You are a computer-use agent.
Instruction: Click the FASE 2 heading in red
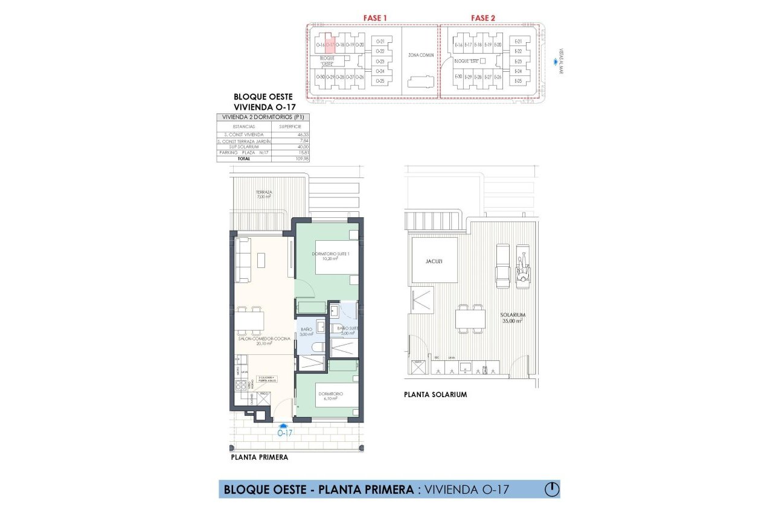pos(483,18)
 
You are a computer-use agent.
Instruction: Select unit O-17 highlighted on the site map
pos(330,44)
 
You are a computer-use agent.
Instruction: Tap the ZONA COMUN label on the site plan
pos(421,55)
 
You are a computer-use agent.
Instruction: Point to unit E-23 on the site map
pos(518,61)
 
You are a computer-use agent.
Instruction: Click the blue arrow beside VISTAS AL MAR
pos(557,61)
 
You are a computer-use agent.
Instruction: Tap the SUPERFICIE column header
pos(290,127)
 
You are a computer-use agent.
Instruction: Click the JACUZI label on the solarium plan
pos(434,261)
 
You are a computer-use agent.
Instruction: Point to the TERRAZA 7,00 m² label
pos(263,194)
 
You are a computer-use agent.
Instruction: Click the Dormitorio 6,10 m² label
pos(330,396)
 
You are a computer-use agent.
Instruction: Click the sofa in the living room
pos(243,260)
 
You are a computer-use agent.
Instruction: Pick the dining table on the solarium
pos(470,317)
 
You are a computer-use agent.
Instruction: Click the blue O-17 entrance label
pos(285,433)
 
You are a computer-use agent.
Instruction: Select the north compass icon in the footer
pos(551,489)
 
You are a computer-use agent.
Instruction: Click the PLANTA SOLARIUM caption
pos(435,394)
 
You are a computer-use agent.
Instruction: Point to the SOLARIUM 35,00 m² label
pos(512,318)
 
